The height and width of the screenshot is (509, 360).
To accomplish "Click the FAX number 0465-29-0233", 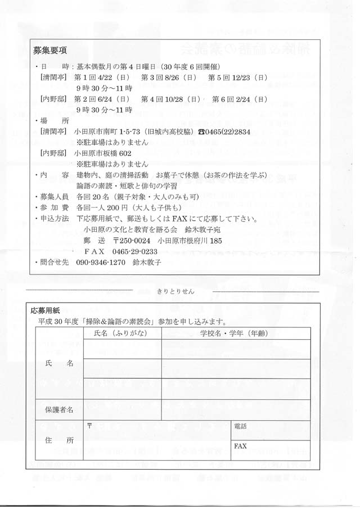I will point(133,251).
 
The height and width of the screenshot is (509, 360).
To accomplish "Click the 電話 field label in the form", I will point(240,426).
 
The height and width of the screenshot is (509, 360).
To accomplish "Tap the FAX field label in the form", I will point(241,445).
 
